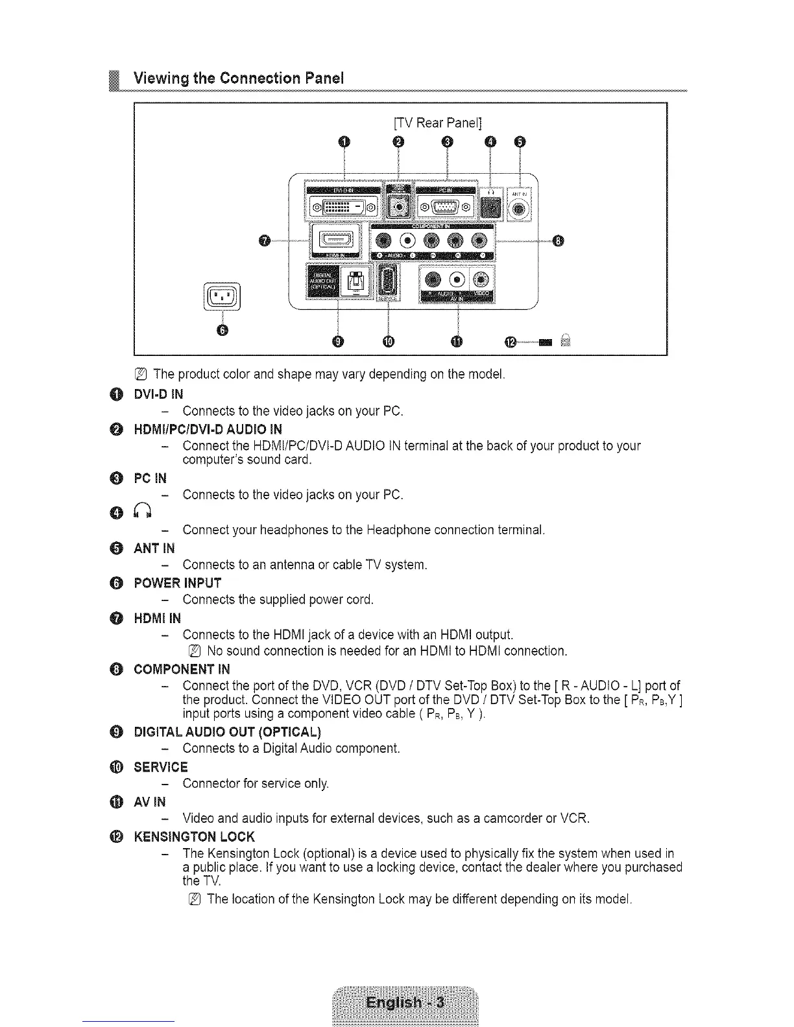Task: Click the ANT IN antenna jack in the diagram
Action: pos(520,209)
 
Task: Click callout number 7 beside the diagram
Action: pos(263,242)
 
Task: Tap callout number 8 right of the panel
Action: pos(558,242)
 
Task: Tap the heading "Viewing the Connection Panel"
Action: pos(238,78)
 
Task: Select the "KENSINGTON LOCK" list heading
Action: pos(194,836)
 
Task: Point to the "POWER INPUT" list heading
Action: pos(177,583)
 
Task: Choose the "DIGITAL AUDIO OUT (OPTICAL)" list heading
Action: pos(227,732)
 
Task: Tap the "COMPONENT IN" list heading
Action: pos(182,669)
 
